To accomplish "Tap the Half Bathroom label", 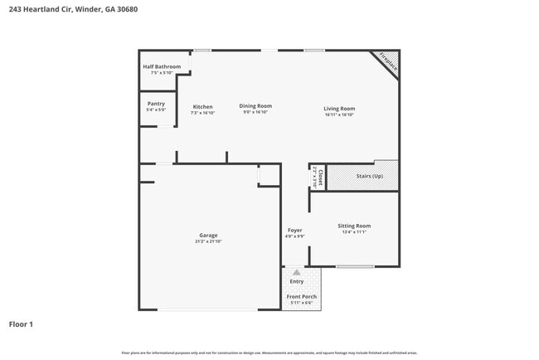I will (x=161, y=66).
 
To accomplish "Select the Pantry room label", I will (x=156, y=104).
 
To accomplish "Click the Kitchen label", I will (x=203, y=106).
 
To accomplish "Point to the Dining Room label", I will (x=255, y=106).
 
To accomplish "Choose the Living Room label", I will (x=339, y=109).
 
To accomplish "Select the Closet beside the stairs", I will (x=316, y=177).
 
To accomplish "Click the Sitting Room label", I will (x=353, y=226).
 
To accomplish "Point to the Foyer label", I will (x=294, y=230).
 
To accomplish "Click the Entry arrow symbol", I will (x=297, y=272).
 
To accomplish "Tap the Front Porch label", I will (x=301, y=296).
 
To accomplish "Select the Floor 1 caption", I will (x=22, y=324).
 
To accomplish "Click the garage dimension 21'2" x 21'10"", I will (x=208, y=241).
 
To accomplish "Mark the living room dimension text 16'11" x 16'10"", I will (x=339, y=114).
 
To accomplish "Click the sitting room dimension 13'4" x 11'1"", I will (x=353, y=232).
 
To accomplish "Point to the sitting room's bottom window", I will (x=355, y=266).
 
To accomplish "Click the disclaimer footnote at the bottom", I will (x=269, y=353).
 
